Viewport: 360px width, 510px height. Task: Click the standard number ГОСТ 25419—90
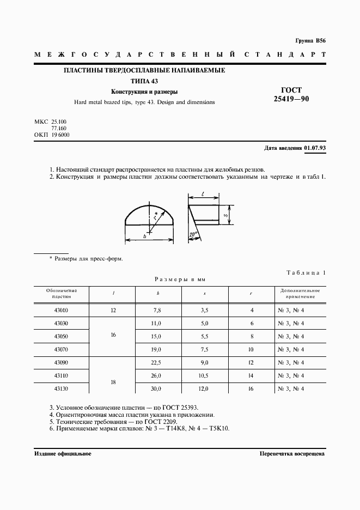[294, 95]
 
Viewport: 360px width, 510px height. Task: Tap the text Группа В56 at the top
[310, 41]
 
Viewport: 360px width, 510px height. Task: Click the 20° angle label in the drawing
[193, 235]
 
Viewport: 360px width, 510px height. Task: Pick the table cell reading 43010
[62, 310]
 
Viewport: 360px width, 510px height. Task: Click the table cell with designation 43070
[62, 349]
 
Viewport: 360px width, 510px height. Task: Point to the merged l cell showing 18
[113, 382]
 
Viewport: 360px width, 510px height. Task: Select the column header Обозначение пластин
[62, 293]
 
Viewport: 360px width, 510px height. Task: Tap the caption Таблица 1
[306, 272]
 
